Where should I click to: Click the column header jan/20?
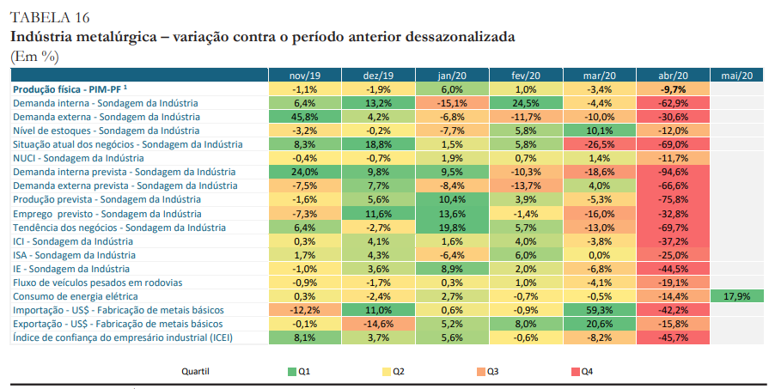(451, 76)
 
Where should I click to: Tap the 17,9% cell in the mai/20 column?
(737, 296)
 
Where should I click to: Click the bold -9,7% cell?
(673, 89)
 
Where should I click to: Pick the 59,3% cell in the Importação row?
(599, 310)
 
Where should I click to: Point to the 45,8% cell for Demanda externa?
(305, 117)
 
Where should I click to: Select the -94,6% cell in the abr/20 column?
(673, 172)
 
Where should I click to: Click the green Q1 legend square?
(292, 372)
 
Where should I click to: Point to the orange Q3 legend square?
(480, 372)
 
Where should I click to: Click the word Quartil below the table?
(196, 372)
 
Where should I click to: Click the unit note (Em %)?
(34, 56)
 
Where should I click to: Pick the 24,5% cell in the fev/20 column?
(526, 103)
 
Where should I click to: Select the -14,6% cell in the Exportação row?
(378, 324)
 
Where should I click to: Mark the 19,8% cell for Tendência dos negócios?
(451, 228)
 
